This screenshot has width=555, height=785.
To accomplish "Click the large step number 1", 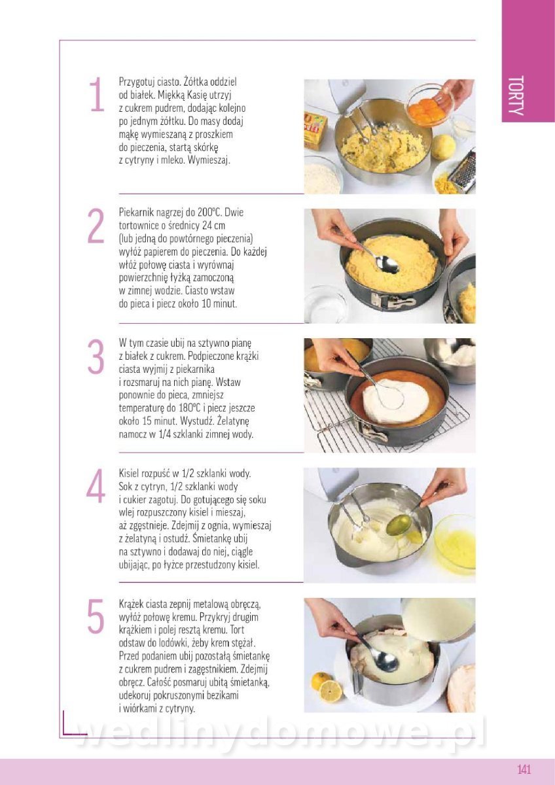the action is click(96, 94).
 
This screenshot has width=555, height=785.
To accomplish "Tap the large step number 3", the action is click(96, 357).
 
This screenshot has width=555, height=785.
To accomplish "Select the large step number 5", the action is click(96, 616).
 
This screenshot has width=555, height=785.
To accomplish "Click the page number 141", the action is click(524, 769).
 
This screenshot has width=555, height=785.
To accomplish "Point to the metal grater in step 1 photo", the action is click(462, 169).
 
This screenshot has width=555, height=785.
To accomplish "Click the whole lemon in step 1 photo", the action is click(443, 147).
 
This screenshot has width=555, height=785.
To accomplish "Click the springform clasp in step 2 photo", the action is click(393, 300).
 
